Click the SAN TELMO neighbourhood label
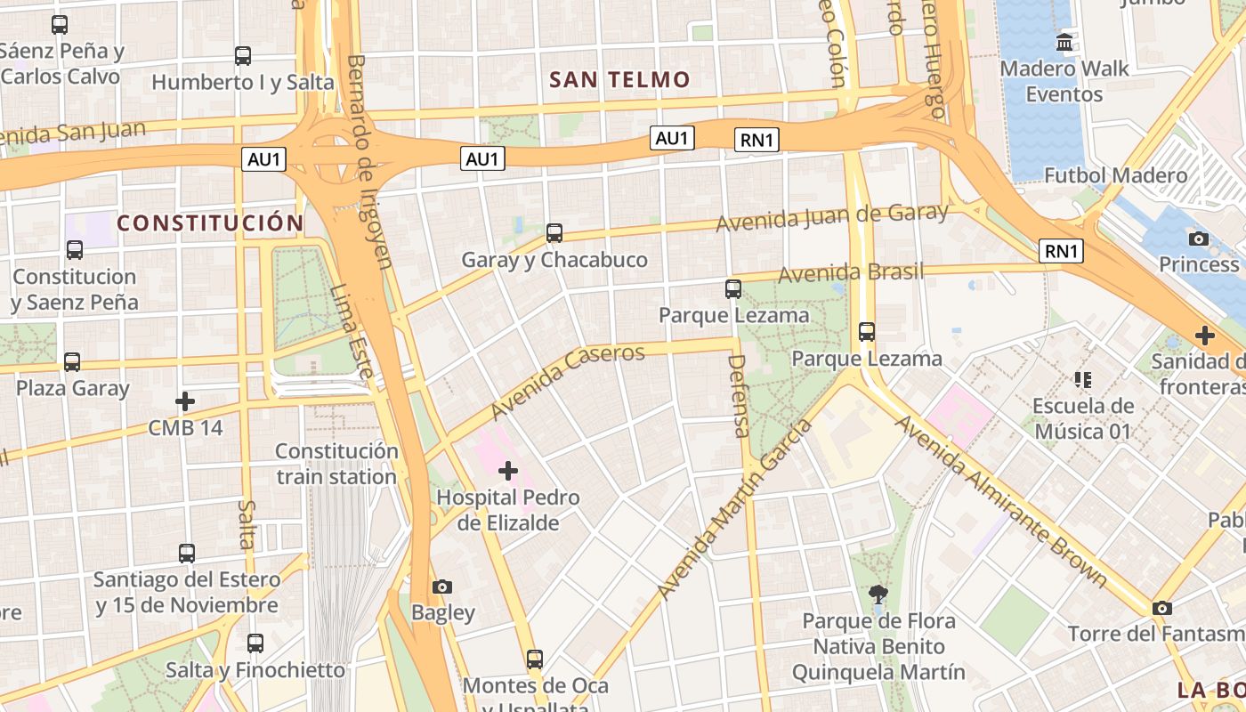(x=619, y=80)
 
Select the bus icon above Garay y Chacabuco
(x=554, y=233)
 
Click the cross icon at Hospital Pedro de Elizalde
(x=508, y=470)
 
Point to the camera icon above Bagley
(x=442, y=587)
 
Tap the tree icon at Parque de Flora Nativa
(x=878, y=594)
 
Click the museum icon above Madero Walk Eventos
(x=1064, y=42)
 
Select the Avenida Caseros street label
(x=567, y=382)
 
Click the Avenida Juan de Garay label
(x=833, y=217)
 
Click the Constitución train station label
(x=336, y=464)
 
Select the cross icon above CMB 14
(x=185, y=401)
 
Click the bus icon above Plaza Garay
(x=72, y=362)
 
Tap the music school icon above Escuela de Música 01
(x=1082, y=380)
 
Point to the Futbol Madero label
(x=1115, y=175)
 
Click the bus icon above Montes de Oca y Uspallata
(x=534, y=659)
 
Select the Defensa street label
(x=738, y=396)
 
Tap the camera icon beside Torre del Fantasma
(x=1161, y=608)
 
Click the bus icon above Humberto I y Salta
(x=243, y=56)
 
